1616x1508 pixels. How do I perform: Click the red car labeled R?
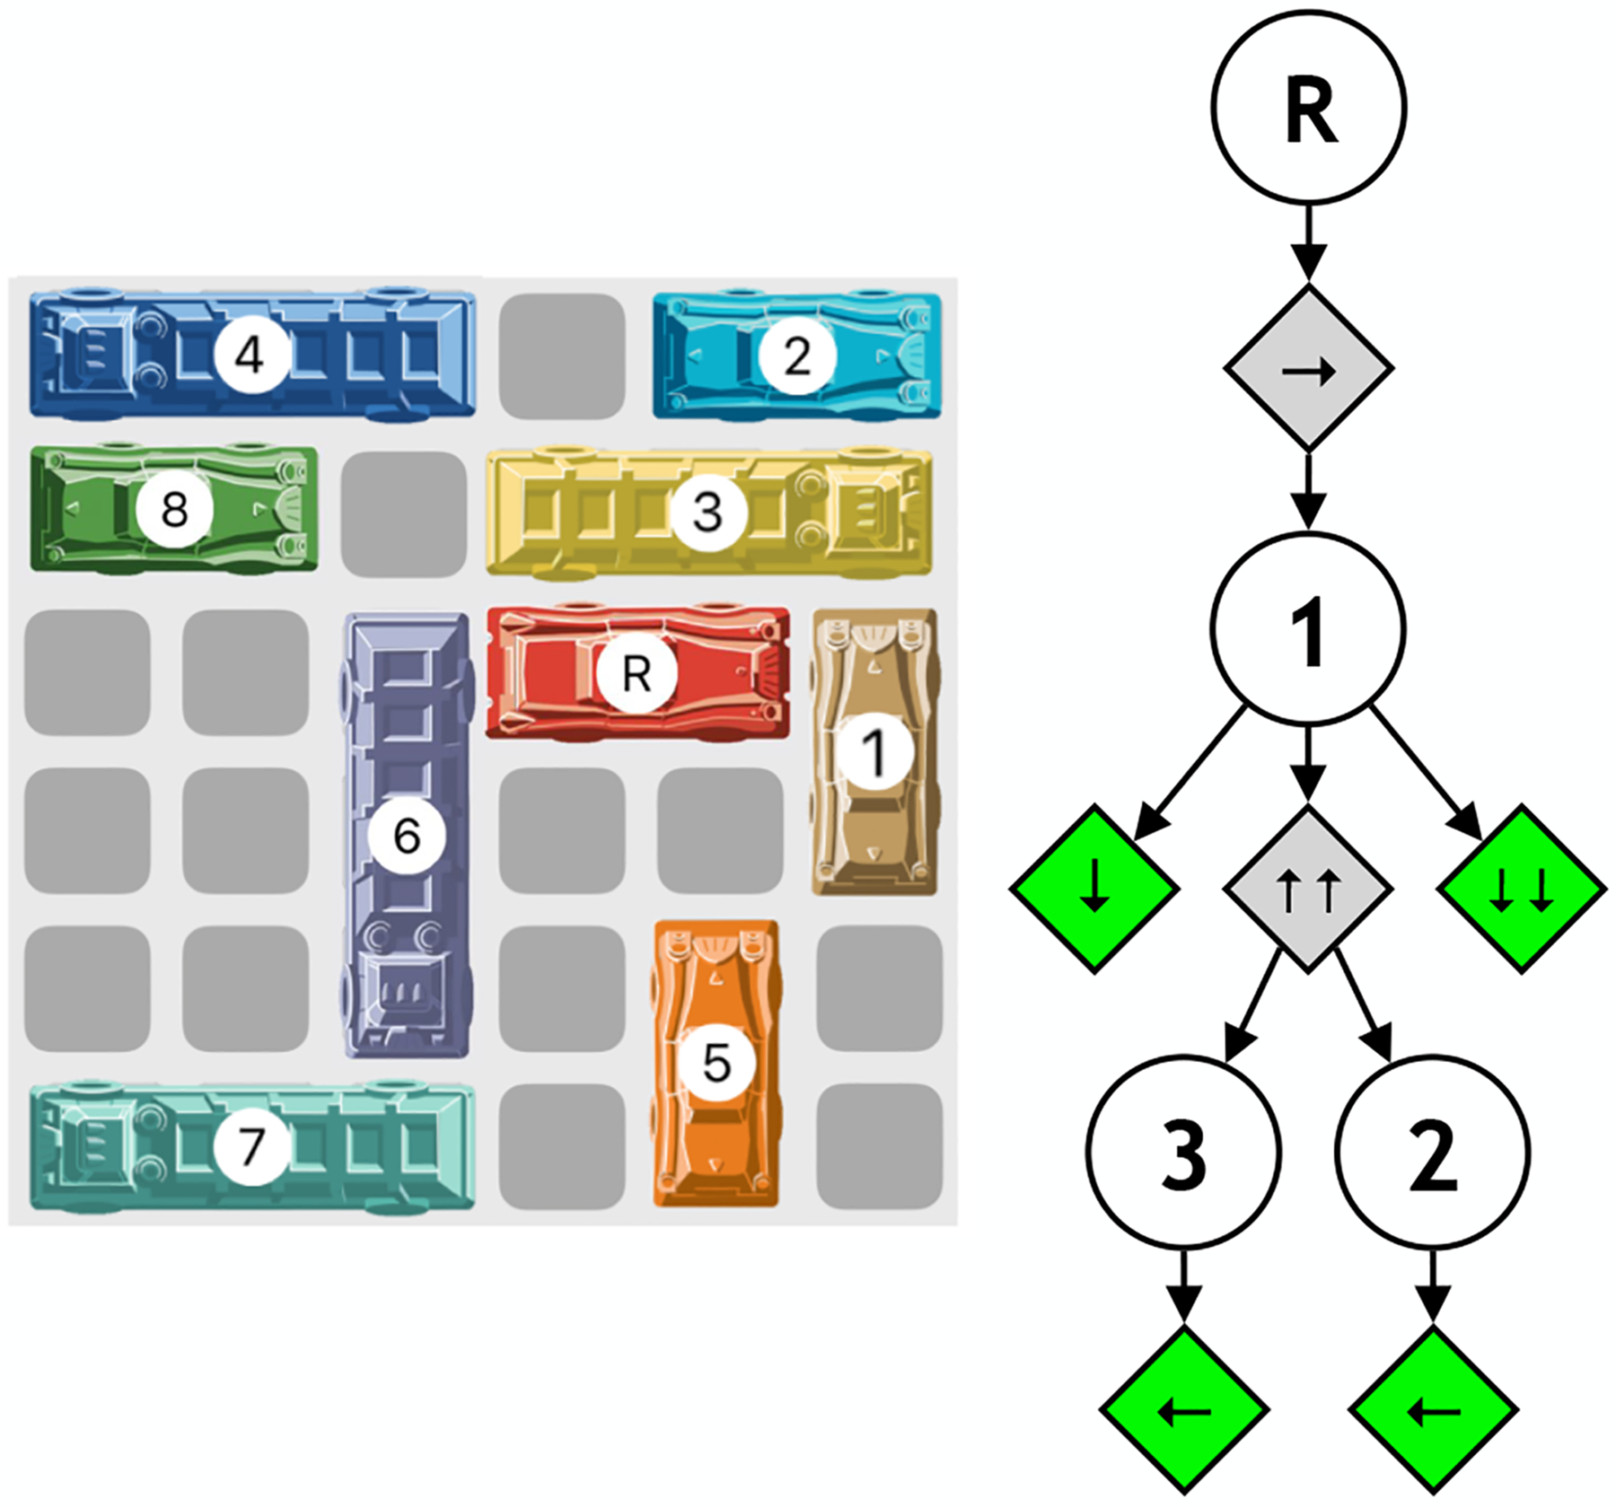coord(637,672)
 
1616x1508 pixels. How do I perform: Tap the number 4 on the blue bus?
coord(250,355)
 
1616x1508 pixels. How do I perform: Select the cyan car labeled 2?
coord(797,356)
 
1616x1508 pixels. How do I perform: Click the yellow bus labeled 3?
coord(708,513)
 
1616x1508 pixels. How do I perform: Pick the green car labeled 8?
coord(174,509)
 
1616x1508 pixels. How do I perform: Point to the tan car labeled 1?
coord(874,751)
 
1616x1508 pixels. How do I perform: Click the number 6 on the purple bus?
coord(407,836)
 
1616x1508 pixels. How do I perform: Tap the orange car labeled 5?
coord(716,1064)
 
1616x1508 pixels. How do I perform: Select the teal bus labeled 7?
coord(251,1146)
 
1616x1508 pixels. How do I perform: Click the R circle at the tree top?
coord(1308,109)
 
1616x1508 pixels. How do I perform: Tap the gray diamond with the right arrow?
coord(1308,368)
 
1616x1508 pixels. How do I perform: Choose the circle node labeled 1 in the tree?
coord(1308,628)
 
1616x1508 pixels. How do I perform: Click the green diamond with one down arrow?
coord(1094,888)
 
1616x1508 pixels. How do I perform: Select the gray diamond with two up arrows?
coord(1308,888)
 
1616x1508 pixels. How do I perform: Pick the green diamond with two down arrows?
coord(1522,888)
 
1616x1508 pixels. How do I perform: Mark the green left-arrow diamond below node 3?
coord(1184,1411)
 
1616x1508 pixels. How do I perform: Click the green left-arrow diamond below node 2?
coord(1433,1411)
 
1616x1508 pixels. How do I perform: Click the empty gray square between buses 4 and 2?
coord(562,355)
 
